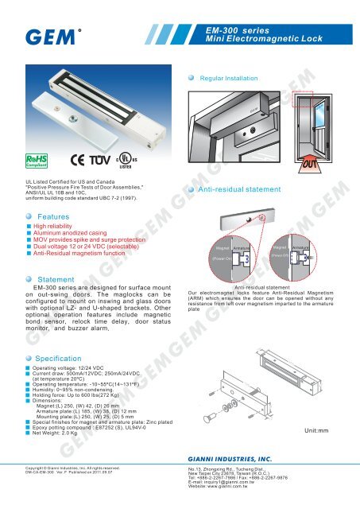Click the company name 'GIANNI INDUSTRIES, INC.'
tap(230, 482)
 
